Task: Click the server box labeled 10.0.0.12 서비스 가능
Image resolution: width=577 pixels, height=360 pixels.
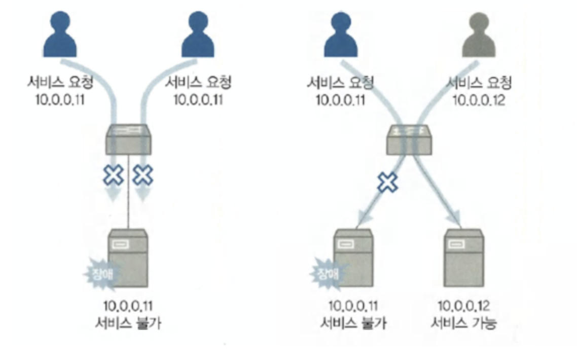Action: (x=463, y=258)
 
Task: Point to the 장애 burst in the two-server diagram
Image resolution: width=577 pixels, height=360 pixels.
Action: (x=325, y=274)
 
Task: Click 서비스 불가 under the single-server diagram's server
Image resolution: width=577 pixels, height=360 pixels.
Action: (x=128, y=323)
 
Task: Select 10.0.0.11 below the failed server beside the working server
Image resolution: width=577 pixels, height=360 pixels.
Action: (x=353, y=306)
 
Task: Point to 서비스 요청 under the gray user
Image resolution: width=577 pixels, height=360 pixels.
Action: (x=478, y=82)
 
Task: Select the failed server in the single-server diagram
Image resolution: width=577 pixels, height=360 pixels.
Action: (x=128, y=258)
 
